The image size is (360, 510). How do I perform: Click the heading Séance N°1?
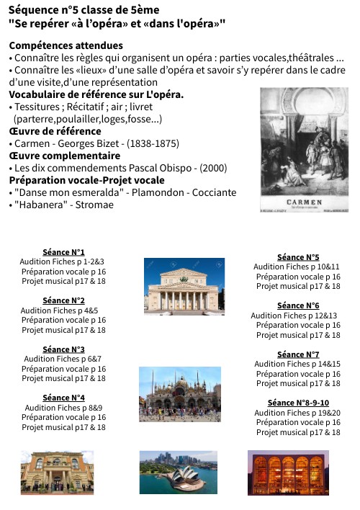(63, 251)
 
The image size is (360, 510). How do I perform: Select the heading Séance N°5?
(297, 257)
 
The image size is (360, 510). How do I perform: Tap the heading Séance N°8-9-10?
(297, 403)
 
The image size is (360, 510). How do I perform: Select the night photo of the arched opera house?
(288, 472)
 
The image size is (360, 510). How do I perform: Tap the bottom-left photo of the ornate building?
(57, 473)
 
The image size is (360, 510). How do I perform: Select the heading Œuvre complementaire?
(54, 156)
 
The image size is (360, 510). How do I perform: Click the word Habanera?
(40, 205)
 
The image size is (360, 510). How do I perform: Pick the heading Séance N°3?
(63, 349)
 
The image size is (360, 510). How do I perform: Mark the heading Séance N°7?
(297, 354)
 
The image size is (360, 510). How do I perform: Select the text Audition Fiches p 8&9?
(63, 408)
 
